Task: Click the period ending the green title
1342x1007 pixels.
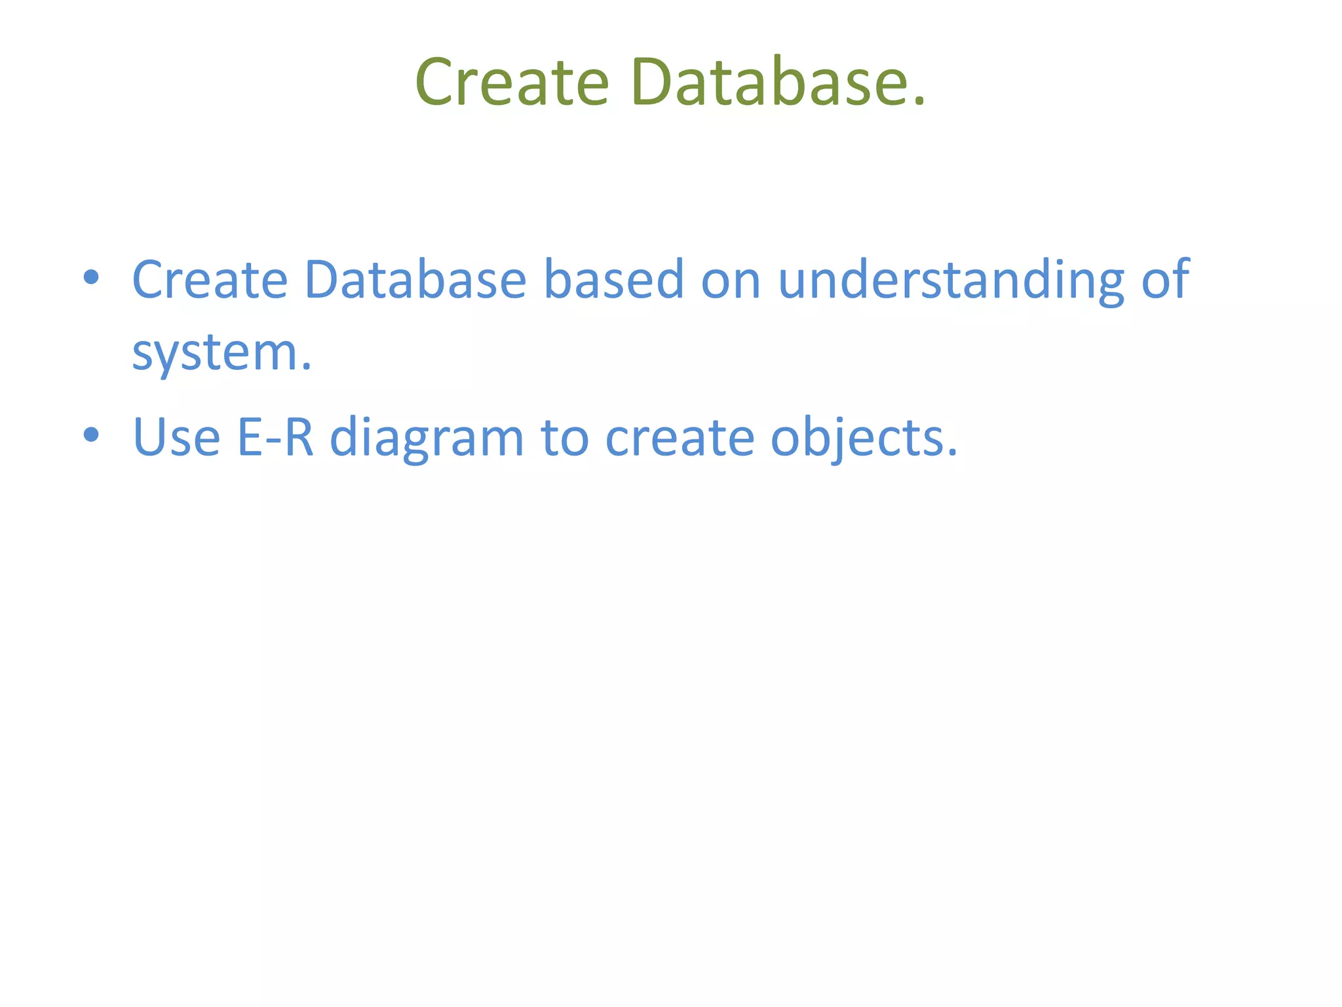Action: [x=919, y=101]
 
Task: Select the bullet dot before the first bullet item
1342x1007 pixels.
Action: [x=91, y=277]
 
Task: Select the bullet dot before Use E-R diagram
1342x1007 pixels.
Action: [x=91, y=434]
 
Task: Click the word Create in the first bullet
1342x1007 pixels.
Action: [x=210, y=280]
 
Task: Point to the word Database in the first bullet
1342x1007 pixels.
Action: [x=415, y=280]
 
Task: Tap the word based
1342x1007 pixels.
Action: [x=614, y=280]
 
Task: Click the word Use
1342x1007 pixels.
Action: [x=176, y=437]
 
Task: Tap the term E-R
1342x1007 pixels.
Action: [x=275, y=437]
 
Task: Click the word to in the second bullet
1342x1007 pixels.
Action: [x=564, y=438]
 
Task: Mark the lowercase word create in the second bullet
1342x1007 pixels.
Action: [x=680, y=438]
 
